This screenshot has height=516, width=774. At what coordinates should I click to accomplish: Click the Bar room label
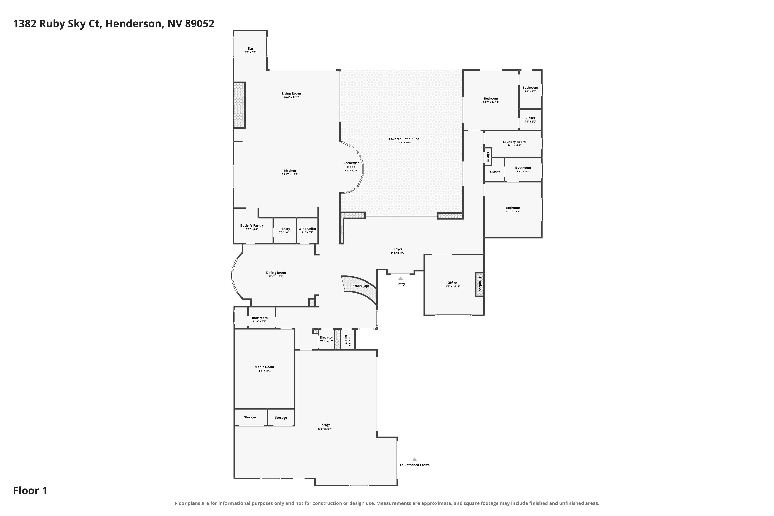[251, 49]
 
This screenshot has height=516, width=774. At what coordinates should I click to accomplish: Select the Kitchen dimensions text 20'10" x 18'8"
[290, 174]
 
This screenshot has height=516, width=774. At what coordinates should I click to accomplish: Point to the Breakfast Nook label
[351, 165]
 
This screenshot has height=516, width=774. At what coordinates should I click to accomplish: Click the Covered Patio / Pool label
[405, 139]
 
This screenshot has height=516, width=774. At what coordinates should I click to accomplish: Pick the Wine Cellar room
[307, 230]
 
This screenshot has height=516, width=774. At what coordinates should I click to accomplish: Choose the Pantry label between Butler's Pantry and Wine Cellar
[285, 229]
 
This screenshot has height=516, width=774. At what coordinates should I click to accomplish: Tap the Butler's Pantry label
[252, 226]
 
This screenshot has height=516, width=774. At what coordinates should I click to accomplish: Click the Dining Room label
[276, 273]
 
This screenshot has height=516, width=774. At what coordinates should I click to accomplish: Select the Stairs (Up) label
[361, 286]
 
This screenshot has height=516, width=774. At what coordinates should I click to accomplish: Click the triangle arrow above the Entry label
[401, 278]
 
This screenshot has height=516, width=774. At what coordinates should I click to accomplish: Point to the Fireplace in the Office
[480, 284]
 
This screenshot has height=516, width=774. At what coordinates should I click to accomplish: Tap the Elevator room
[326, 339]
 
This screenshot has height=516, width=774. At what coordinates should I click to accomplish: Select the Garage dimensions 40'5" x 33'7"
[325, 429]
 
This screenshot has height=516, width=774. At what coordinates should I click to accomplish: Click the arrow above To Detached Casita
[415, 459]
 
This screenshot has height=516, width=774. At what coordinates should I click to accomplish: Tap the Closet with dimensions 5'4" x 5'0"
[530, 119]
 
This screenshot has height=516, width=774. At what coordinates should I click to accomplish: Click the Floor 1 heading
[30, 491]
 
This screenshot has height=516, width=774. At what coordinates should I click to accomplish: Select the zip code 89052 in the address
[199, 24]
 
